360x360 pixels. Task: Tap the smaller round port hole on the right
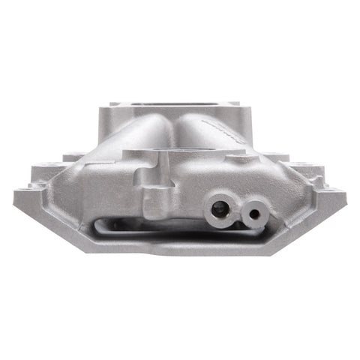point(255,214)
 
